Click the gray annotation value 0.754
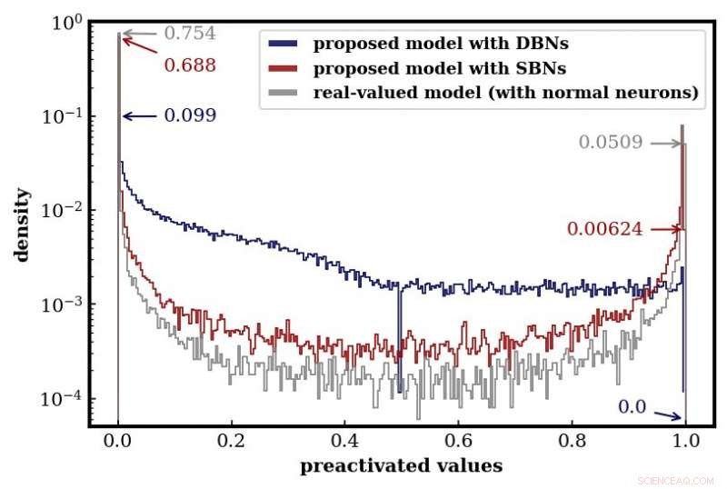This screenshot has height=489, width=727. [x=189, y=34]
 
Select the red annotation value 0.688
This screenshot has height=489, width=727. [x=189, y=66]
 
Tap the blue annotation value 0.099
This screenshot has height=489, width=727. [x=189, y=116]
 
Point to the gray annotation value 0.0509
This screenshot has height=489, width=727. [x=611, y=143]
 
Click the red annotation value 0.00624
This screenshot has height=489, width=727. [x=604, y=230]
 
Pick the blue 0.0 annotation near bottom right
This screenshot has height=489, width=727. [x=632, y=407]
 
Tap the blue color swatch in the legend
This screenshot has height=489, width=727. [x=282, y=43]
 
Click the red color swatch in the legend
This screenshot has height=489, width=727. [x=282, y=67]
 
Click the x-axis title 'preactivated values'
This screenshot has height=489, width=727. [x=401, y=466]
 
